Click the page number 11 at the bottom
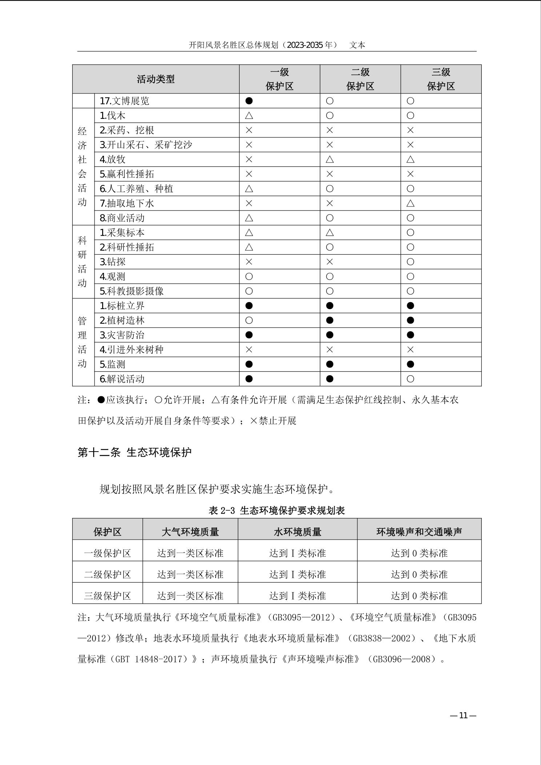click(463, 716)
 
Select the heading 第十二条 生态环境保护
click(134, 452)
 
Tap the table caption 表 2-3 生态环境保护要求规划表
click(276, 510)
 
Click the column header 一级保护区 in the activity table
click(279, 79)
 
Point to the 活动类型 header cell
click(156, 79)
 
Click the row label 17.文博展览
click(124, 101)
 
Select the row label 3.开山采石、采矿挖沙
click(146, 145)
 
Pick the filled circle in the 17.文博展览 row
click(249, 101)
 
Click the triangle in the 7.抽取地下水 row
click(410, 203)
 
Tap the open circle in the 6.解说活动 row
click(410, 379)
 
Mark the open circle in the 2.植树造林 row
click(249, 320)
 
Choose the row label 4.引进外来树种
click(132, 350)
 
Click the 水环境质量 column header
click(297, 532)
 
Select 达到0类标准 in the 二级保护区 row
click(419, 574)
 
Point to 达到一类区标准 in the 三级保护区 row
click(190, 596)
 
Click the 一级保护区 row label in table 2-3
click(107, 553)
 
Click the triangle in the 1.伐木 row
click(249, 116)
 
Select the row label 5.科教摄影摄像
click(132, 291)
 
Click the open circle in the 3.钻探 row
click(410, 262)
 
